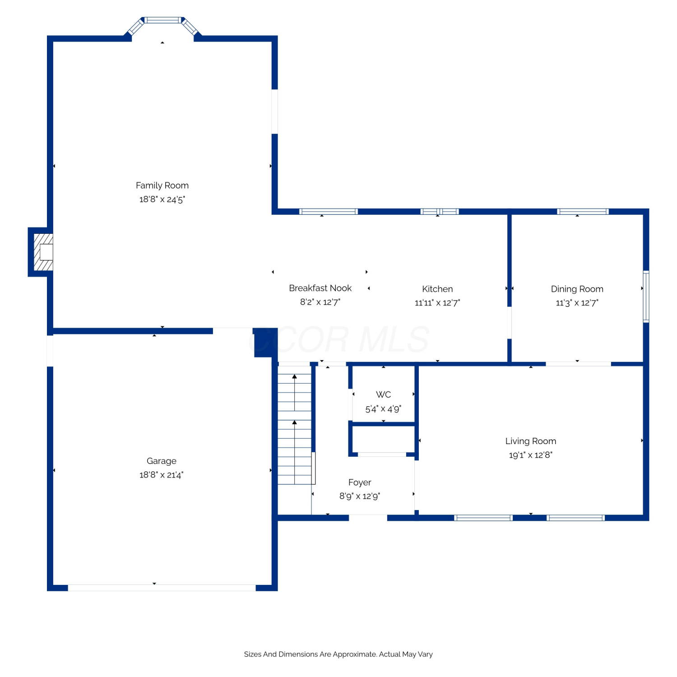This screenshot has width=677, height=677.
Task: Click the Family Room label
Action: click(x=162, y=185)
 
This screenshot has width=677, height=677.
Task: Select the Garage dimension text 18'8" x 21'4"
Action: click(x=162, y=475)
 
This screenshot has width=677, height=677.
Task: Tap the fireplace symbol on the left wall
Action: click(x=43, y=252)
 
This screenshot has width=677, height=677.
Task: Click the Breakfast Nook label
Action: click(x=320, y=288)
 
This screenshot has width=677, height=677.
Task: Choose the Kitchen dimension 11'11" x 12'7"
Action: click(x=437, y=303)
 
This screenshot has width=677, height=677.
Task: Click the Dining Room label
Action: click(x=577, y=289)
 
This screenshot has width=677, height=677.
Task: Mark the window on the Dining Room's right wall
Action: click(x=646, y=296)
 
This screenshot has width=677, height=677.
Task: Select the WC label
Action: click(x=383, y=394)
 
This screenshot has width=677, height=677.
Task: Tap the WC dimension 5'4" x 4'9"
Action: click(x=383, y=409)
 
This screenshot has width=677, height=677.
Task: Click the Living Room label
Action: click(x=531, y=441)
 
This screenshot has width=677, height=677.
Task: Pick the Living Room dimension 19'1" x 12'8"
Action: click(x=531, y=455)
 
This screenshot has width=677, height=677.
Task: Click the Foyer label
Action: click(x=360, y=482)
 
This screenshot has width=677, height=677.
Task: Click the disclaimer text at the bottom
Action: click(x=338, y=654)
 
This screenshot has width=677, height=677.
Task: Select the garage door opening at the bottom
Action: click(x=162, y=588)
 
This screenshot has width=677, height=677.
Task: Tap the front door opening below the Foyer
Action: click(x=368, y=518)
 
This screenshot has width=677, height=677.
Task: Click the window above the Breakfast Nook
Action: click(x=329, y=211)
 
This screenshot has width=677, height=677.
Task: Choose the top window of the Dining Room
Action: click(x=583, y=211)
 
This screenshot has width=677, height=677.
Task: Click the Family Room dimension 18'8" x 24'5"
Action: click(x=162, y=199)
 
